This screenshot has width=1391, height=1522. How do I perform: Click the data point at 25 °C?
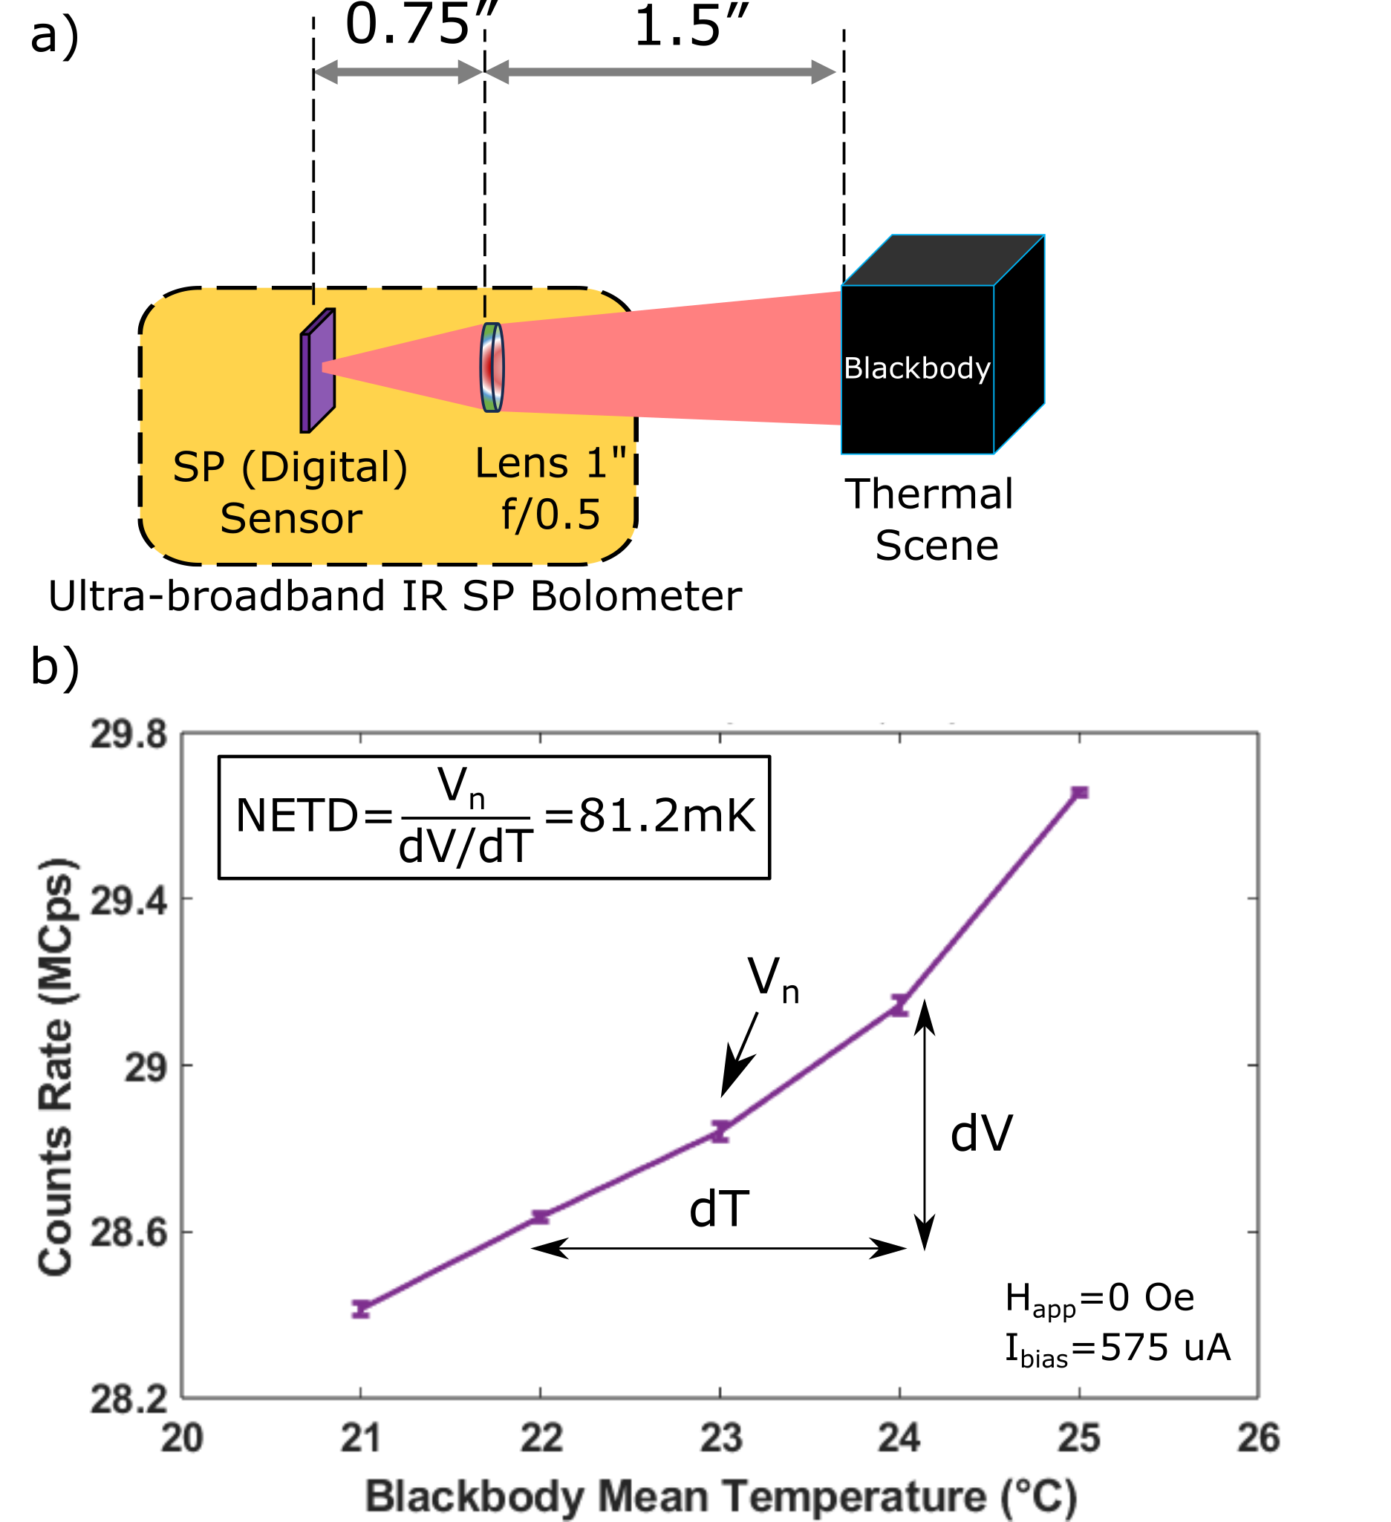(x=1080, y=793)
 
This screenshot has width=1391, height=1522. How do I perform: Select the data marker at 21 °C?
(x=361, y=1309)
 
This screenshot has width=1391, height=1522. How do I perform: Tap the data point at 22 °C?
(x=541, y=1216)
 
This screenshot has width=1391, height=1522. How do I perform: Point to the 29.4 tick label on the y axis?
(x=128, y=899)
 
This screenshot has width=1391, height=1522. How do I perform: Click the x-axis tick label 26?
(x=1258, y=1438)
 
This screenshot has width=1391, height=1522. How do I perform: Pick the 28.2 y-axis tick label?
(x=128, y=1399)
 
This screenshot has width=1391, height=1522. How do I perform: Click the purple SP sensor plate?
(x=318, y=370)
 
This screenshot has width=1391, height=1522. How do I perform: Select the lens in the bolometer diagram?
(x=492, y=367)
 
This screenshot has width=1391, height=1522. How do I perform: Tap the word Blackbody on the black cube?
(x=916, y=368)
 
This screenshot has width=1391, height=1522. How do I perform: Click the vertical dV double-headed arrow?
(x=925, y=1125)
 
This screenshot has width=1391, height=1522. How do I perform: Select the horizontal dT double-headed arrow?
(x=719, y=1248)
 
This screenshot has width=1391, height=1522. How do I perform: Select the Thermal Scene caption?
(x=931, y=520)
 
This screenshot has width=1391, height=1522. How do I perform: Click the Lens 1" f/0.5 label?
(x=551, y=489)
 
